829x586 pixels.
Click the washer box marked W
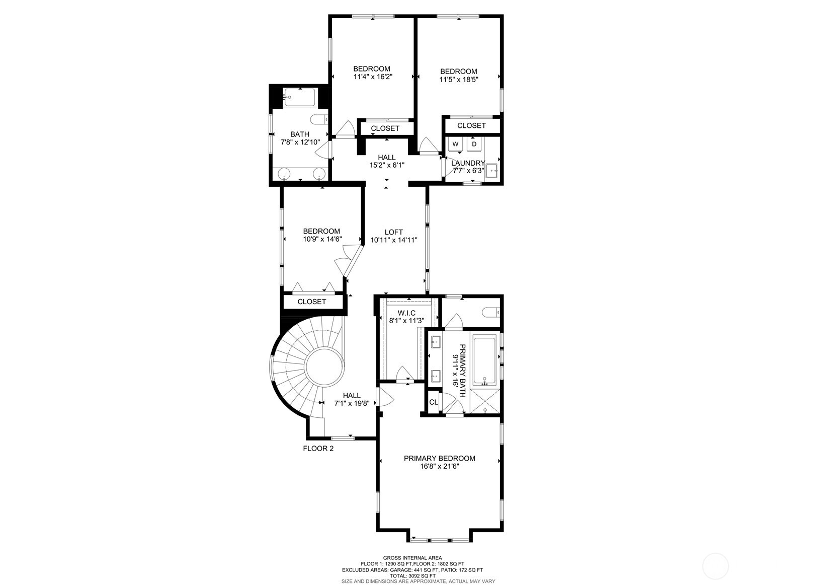click(x=456, y=144)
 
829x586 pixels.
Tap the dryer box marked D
click(x=474, y=144)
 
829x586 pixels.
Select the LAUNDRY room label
click(x=468, y=163)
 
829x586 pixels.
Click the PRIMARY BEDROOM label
click(x=439, y=458)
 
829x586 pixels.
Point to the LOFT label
click(x=393, y=232)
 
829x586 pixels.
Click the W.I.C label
click(x=406, y=313)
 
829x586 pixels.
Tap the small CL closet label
click(x=433, y=402)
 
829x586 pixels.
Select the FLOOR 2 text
click(x=318, y=449)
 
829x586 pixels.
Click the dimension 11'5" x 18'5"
click(x=458, y=79)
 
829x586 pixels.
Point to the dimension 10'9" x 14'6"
click(x=322, y=239)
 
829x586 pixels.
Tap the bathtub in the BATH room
click(x=299, y=97)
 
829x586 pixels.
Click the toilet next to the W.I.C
click(x=490, y=313)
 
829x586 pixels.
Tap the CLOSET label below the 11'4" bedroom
click(x=385, y=128)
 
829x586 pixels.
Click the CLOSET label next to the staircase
click(x=311, y=302)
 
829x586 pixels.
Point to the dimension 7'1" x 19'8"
click(x=351, y=403)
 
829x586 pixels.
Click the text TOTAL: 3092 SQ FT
click(x=412, y=575)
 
